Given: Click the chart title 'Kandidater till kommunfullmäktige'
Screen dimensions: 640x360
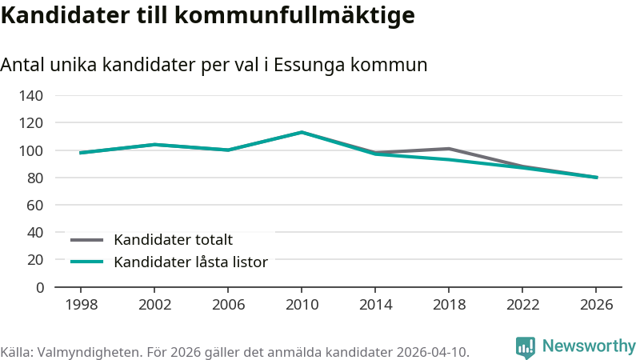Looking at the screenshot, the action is click(208, 15).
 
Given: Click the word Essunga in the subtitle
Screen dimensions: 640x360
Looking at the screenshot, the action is click(310, 66).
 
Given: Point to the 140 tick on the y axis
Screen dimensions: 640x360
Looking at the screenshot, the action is click(31, 96).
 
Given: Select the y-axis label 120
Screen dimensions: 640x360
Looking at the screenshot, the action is click(31, 123).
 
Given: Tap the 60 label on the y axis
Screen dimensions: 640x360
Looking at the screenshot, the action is click(35, 206).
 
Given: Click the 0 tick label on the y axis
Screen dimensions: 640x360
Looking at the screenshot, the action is click(39, 288).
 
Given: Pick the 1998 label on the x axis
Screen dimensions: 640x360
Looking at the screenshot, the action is click(82, 305).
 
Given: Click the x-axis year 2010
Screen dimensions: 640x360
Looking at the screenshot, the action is click(302, 305).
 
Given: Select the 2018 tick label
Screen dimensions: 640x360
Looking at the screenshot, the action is click(449, 305).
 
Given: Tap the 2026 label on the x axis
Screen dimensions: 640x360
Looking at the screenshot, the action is click(596, 305).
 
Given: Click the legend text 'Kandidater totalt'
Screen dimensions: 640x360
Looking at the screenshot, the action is click(173, 240).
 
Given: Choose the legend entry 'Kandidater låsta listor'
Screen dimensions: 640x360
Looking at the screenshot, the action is click(190, 262).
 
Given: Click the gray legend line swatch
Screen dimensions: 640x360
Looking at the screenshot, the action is click(86, 240).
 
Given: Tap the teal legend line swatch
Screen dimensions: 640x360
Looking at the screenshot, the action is click(86, 262).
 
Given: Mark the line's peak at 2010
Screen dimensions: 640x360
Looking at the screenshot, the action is click(302, 132).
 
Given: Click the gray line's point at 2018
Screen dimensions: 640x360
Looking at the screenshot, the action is click(449, 149).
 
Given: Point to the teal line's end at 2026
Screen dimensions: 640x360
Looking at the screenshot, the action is click(597, 177).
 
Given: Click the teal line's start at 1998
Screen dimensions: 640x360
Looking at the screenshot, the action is click(81, 153).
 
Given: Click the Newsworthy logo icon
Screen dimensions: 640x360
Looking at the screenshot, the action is click(526, 347).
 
